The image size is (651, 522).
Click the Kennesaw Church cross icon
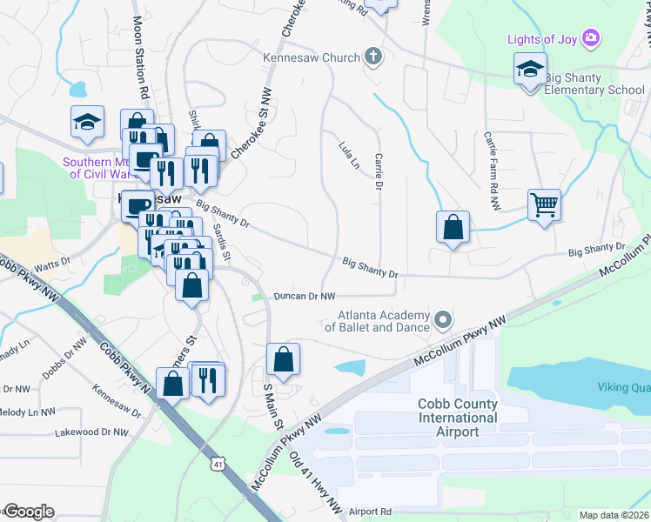[x=373, y=57]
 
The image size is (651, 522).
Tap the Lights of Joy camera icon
[x=592, y=37]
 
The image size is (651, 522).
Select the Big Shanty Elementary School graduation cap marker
[x=528, y=70]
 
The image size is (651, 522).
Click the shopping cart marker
[x=544, y=205]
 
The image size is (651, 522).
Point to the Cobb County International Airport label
[x=458, y=418]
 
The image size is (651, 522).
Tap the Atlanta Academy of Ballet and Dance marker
[x=443, y=320]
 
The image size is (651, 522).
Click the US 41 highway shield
[x=216, y=465]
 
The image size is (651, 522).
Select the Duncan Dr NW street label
[x=305, y=297]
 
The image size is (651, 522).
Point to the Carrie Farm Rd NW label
[x=493, y=171]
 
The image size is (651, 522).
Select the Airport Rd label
[x=370, y=512]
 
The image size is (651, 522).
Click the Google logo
[x=29, y=512]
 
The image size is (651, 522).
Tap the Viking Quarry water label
[x=623, y=387]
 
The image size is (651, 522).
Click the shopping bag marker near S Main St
[x=283, y=358]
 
